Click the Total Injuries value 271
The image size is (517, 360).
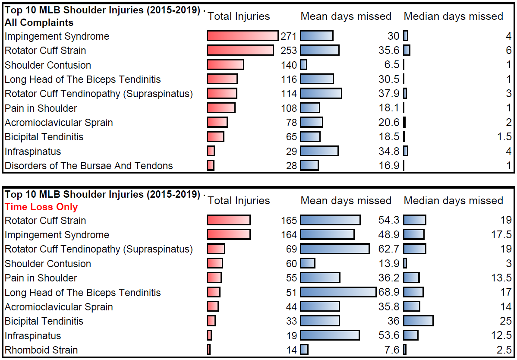289,36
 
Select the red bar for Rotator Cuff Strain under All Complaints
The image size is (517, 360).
240,51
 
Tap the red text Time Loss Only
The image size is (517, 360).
41,207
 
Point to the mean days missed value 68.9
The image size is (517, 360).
389,293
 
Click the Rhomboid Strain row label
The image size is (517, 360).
41,350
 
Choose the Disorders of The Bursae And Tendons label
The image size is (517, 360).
88,166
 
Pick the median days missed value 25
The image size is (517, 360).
506,321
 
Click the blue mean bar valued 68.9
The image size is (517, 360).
338,293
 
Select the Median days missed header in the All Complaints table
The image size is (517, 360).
453,16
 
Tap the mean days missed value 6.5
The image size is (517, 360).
391,65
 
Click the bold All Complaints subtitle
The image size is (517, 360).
39,23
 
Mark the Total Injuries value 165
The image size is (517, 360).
289,221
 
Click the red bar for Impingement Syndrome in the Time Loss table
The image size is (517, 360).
228,235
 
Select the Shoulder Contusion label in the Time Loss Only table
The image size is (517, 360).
47,264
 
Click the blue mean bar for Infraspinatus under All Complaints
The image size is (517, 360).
319,151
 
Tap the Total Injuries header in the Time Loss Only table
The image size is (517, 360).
239,201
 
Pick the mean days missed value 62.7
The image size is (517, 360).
389,249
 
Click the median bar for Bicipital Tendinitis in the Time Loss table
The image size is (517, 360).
418,321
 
